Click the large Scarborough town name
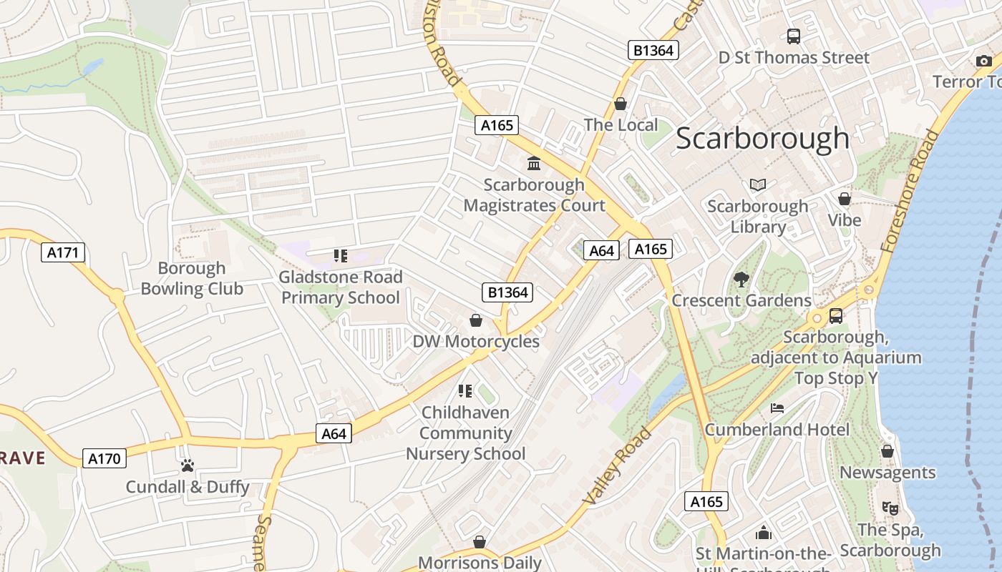coord(762,139)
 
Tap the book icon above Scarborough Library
coord(758,184)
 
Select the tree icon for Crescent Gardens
coord(741,280)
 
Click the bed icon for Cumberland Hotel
coord(777,408)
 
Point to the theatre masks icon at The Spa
coord(890,508)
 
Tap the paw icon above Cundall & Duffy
coord(188,465)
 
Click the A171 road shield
coord(63,252)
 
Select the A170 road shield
coord(104,458)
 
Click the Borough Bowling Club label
coord(192,279)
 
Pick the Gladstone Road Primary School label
coord(341,287)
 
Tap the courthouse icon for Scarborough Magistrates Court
coord(534,164)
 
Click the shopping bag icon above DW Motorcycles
coord(475,320)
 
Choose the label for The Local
coord(621,125)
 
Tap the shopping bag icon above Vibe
coord(845,199)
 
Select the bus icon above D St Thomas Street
coord(794,36)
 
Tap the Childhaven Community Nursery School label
coord(466,433)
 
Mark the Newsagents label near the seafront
coord(887,473)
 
